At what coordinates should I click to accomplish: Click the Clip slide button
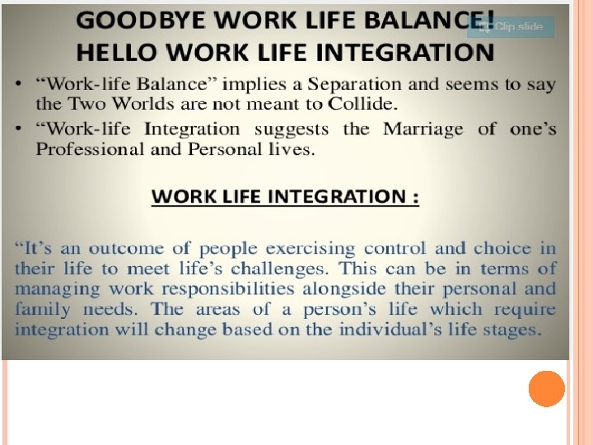point(511,26)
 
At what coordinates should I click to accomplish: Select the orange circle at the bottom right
point(546,389)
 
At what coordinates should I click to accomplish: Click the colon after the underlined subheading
point(415,198)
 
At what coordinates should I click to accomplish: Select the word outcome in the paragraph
point(127,248)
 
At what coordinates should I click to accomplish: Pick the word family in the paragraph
point(42,310)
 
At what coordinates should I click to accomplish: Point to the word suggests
point(292,129)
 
